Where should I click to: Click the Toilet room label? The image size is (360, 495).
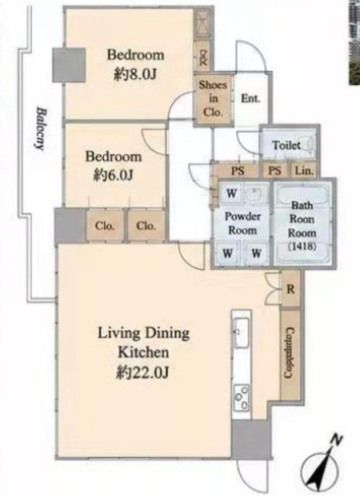pyautogui.click(x=286, y=145)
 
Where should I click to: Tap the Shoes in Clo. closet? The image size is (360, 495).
pyautogui.click(x=213, y=99)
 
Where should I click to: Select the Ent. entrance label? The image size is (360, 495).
pyautogui.click(x=250, y=98)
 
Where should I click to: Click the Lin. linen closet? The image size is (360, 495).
pyautogui.click(x=304, y=171)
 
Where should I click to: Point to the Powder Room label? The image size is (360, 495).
pyautogui.click(x=242, y=224)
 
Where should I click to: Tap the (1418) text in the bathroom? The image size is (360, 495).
pyautogui.click(x=302, y=247)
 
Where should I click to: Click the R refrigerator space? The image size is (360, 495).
pyautogui.click(x=290, y=288)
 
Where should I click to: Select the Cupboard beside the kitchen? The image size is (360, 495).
pyautogui.click(x=290, y=353)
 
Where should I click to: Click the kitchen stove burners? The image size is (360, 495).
pyautogui.click(x=242, y=398)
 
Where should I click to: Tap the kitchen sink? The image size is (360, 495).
pyautogui.click(x=241, y=333)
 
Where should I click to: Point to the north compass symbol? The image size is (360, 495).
pyautogui.click(x=321, y=463)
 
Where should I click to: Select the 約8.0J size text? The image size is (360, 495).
pyautogui.click(x=135, y=75)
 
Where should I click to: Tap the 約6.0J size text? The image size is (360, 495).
pyautogui.click(x=113, y=176)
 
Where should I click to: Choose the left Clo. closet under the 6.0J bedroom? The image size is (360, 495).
pyautogui.click(x=105, y=226)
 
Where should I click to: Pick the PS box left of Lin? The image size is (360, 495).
pyautogui.click(x=275, y=171)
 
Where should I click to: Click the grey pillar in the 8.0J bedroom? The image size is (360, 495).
pyautogui.click(x=69, y=65)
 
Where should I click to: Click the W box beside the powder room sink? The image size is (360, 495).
pyautogui.click(x=231, y=193)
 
